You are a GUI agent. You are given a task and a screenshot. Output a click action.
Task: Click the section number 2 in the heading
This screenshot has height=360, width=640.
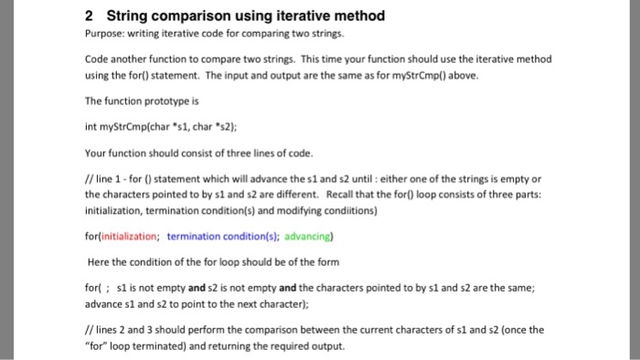pyautogui.click(x=88, y=16)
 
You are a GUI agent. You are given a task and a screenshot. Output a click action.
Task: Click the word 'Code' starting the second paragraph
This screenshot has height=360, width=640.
pyautogui.click(x=96, y=58)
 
